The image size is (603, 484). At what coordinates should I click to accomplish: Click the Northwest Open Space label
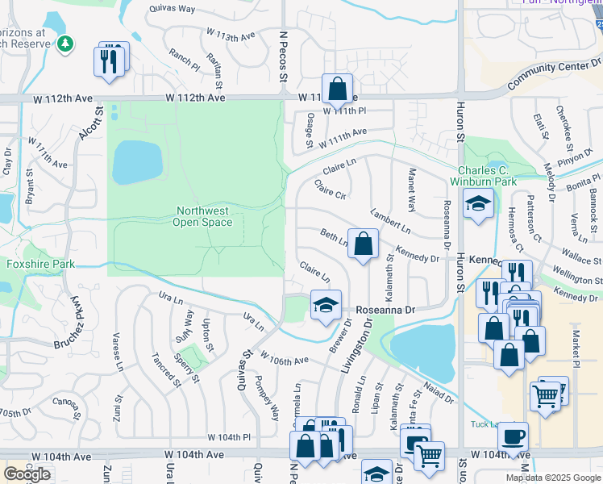[x=202, y=216]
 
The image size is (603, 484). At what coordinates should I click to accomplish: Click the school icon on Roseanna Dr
[x=325, y=305]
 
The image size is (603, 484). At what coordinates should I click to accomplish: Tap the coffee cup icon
[x=513, y=438]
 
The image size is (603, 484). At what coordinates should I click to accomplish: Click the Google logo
[x=27, y=474]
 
